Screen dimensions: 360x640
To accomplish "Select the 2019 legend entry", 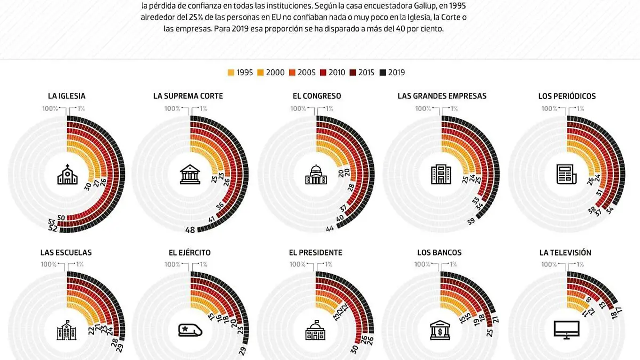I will [x=392, y=73].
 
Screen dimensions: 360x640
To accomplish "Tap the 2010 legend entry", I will [x=332, y=73].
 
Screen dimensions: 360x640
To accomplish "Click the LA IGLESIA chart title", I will [x=67, y=96].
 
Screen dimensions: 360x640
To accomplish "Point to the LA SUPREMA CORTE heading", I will [x=188, y=96].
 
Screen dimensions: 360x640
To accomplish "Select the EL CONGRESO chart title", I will [x=317, y=96].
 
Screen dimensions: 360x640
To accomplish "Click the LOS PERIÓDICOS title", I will [x=567, y=96].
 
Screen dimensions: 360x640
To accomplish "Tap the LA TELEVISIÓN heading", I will [x=565, y=252].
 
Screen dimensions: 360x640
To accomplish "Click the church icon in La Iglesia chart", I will [x=67, y=174].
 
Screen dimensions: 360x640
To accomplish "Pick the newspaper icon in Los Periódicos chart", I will [x=566, y=174].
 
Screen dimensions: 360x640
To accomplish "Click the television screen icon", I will [x=566, y=330].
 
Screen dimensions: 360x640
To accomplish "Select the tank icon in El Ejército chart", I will [x=190, y=331].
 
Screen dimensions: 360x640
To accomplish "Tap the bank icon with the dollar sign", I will [x=441, y=331].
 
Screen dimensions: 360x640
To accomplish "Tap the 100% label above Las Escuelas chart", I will [x=49, y=264].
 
